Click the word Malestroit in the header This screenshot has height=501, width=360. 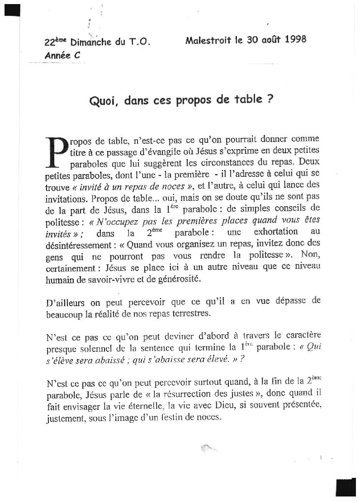[208, 39]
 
